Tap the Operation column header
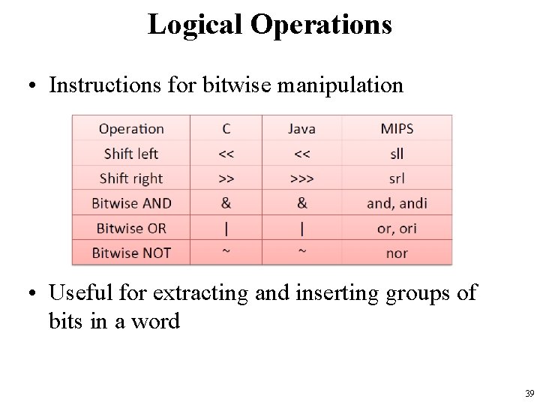coord(131,128)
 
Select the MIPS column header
coord(397,128)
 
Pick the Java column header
coord(301,128)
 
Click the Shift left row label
coord(131,153)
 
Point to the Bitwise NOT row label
coord(131,252)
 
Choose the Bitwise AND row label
coord(131,202)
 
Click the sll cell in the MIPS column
coord(397,153)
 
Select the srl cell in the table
coord(397,178)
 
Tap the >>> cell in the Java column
coord(301,178)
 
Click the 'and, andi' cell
coord(397,202)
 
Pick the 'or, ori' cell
coord(397,227)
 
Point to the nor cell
coord(397,252)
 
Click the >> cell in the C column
coord(226,178)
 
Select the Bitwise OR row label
coord(131,227)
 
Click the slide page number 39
coord(529,394)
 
